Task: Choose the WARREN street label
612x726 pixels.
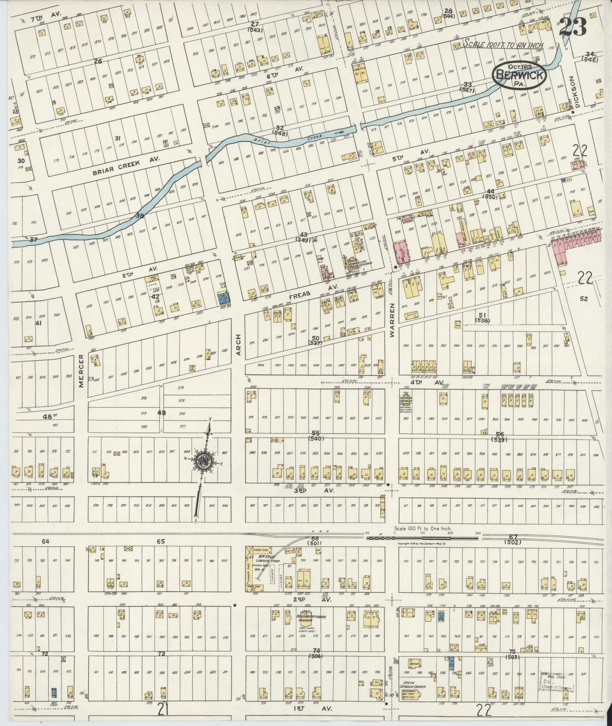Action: pos(392,320)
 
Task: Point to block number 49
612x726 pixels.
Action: pos(161,413)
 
